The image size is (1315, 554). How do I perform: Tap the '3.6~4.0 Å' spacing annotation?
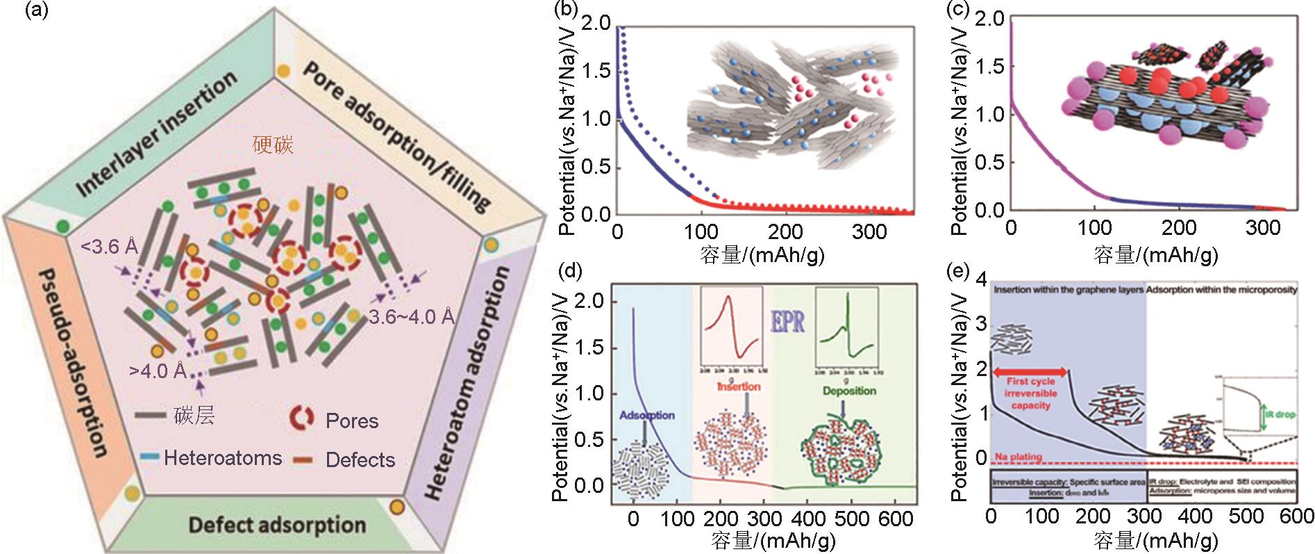click(x=412, y=317)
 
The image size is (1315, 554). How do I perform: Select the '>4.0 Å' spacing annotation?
click(x=158, y=370)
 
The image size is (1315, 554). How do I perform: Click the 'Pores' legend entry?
click(x=352, y=421)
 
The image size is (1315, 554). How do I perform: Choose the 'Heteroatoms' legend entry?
click(x=223, y=458)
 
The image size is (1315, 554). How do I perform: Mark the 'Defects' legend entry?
click(x=360, y=459)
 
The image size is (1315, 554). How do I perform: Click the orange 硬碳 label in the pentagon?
click(x=274, y=145)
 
